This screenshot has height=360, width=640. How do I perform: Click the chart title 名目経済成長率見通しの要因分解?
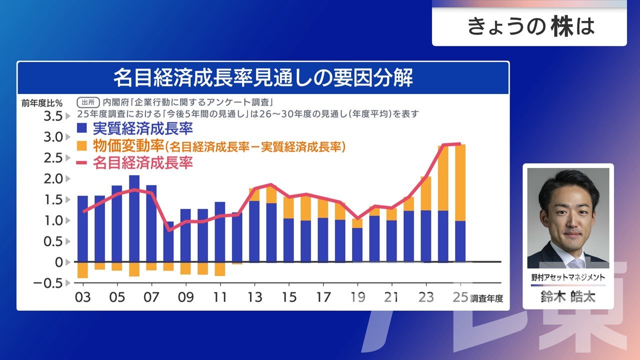(x=263, y=78)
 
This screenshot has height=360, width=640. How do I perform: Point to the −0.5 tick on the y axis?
(x=48, y=283)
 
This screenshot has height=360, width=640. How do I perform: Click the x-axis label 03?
(x=82, y=297)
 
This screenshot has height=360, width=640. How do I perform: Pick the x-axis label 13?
(x=254, y=297)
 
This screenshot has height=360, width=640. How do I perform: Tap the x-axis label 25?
(x=460, y=297)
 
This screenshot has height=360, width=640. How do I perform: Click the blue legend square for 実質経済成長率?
(x=82, y=128)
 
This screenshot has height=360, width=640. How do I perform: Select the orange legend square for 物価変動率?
(x=82, y=146)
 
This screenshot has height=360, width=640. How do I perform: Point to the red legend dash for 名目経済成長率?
(x=82, y=163)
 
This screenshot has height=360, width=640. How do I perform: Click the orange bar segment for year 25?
(x=460, y=182)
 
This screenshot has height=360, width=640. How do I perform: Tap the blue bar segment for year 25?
(x=460, y=241)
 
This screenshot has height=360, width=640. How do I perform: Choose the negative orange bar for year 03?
(x=82, y=270)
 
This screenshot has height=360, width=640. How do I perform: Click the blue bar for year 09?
(x=185, y=235)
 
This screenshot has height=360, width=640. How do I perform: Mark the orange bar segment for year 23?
(x=426, y=193)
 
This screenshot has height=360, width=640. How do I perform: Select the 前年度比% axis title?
(x=42, y=103)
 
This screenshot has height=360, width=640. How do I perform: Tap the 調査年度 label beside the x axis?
(x=486, y=298)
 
